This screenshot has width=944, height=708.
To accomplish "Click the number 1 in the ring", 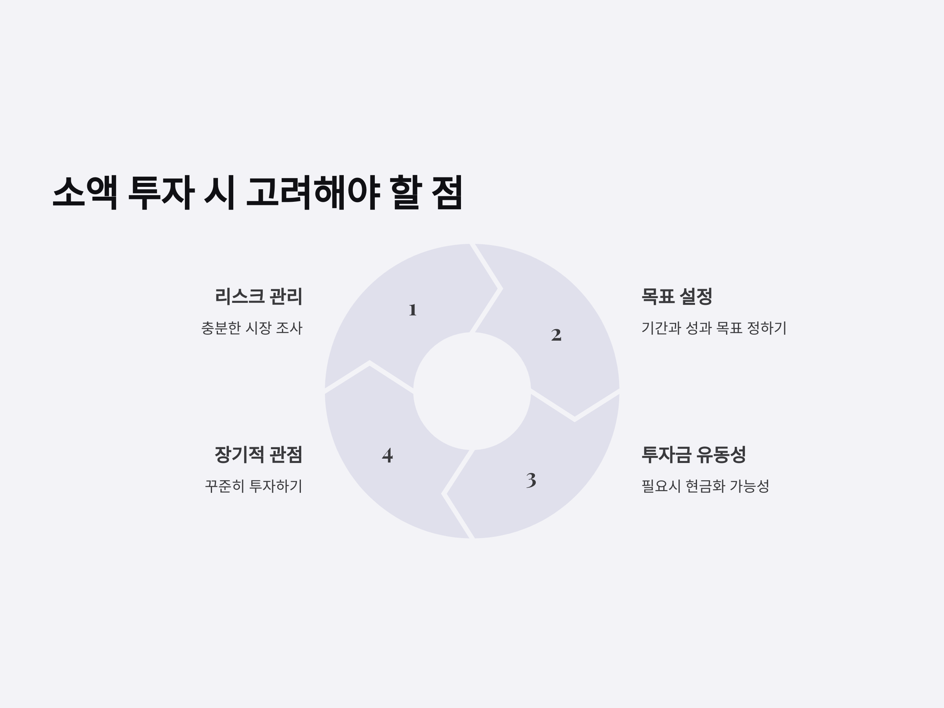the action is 412,310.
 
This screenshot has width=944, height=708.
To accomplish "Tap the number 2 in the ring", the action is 556,335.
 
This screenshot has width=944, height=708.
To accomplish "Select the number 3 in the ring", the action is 531,481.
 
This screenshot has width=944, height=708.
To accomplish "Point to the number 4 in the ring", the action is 387,455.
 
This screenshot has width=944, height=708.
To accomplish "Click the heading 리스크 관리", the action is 259,297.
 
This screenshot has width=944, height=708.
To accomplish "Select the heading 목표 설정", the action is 677,297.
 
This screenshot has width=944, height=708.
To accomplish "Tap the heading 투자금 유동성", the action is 693,455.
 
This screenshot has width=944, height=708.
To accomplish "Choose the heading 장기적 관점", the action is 259,455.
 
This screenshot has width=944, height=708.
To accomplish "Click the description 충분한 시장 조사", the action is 252,328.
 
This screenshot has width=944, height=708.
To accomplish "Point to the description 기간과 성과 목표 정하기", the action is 714,328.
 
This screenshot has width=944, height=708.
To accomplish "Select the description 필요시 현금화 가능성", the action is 705,486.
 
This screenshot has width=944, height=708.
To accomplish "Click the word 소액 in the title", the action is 85,192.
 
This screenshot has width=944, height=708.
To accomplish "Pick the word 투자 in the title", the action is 161,192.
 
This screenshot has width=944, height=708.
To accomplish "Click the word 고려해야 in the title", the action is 313,192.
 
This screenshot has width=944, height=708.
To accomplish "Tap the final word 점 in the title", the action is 447,192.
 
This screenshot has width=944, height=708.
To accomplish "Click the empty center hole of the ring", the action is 472,391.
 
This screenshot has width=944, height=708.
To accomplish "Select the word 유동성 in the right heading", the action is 721,455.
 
